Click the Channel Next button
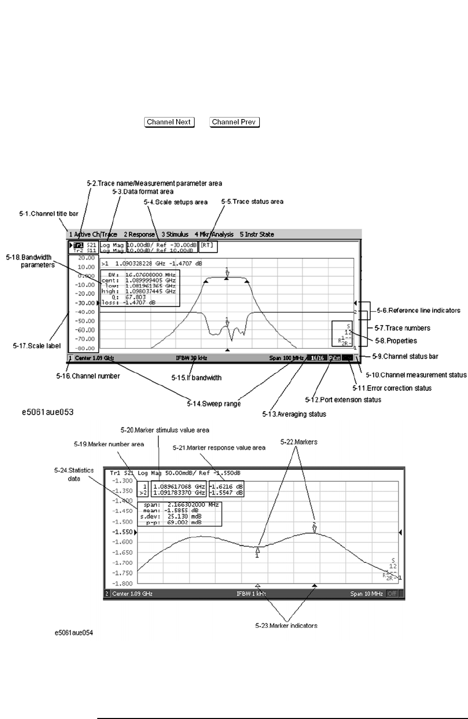(x=170, y=122)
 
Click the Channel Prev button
(x=235, y=122)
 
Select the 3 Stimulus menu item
(x=175, y=235)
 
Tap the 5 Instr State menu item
(x=257, y=235)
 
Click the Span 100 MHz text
(x=287, y=358)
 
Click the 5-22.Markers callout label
(x=299, y=442)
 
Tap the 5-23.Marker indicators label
(x=286, y=625)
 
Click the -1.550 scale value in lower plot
(x=122, y=532)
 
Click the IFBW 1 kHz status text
(x=251, y=594)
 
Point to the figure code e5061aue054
(x=74, y=634)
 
